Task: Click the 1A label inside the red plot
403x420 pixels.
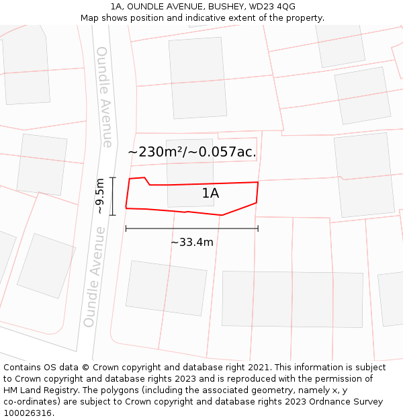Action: pyautogui.click(x=210, y=194)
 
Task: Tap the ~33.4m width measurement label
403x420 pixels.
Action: pyautogui.click(x=191, y=242)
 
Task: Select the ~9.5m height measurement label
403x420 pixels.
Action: pyautogui.click(x=100, y=196)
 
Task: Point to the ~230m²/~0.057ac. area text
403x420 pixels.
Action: pyautogui.click(x=192, y=152)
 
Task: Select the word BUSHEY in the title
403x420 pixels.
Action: pyautogui.click(x=224, y=7)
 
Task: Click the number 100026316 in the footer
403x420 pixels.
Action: pyautogui.click(x=28, y=413)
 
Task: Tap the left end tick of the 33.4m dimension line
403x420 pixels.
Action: pyautogui.click(x=126, y=228)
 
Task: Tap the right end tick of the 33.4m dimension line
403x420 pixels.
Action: pyautogui.click(x=258, y=228)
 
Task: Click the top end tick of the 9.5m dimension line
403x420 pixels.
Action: pyautogui.click(x=112, y=177)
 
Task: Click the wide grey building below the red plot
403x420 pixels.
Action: pyautogui.click(x=292, y=299)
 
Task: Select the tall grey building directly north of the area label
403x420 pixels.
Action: pyautogui.click(x=197, y=77)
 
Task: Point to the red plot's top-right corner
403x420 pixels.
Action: pyautogui.click(x=258, y=182)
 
